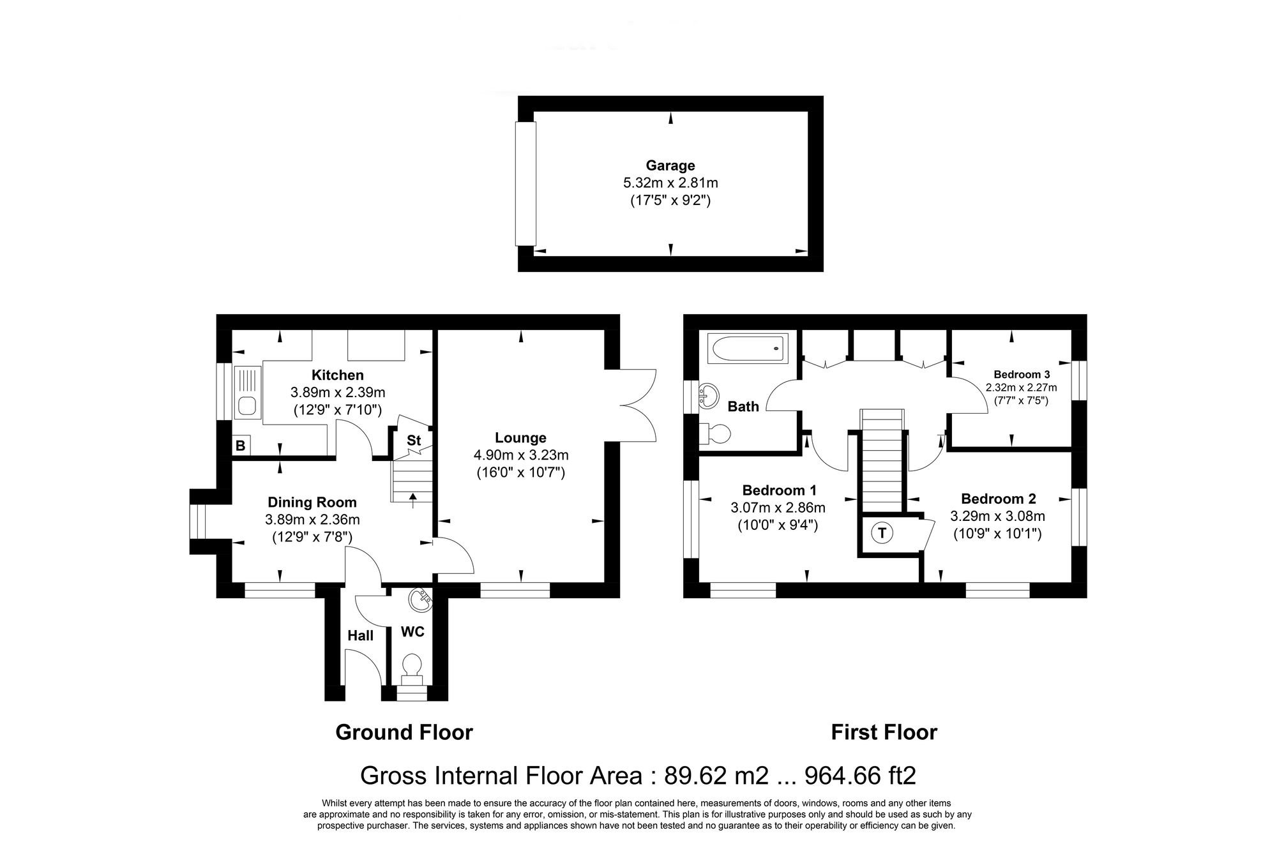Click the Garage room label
(670, 165)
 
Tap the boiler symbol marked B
(241, 445)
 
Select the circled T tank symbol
(882, 532)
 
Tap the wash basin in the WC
(420, 599)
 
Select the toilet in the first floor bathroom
(716, 434)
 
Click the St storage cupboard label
(414, 441)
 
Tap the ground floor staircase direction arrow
(412, 499)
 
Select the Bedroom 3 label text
(1022, 375)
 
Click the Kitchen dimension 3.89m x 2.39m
(338, 393)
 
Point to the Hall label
(360, 635)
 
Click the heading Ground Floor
(404, 732)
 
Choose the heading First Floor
(884, 732)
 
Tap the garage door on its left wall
(526, 184)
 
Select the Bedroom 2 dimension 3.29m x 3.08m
(997, 516)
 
